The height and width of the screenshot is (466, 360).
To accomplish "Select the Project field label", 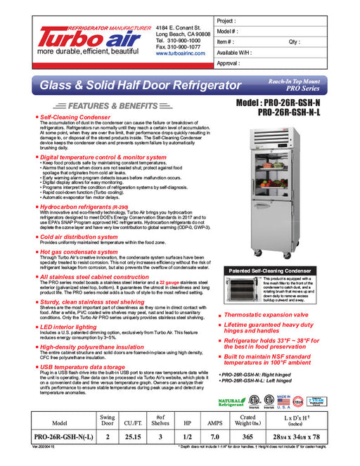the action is (x=227, y=22).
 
